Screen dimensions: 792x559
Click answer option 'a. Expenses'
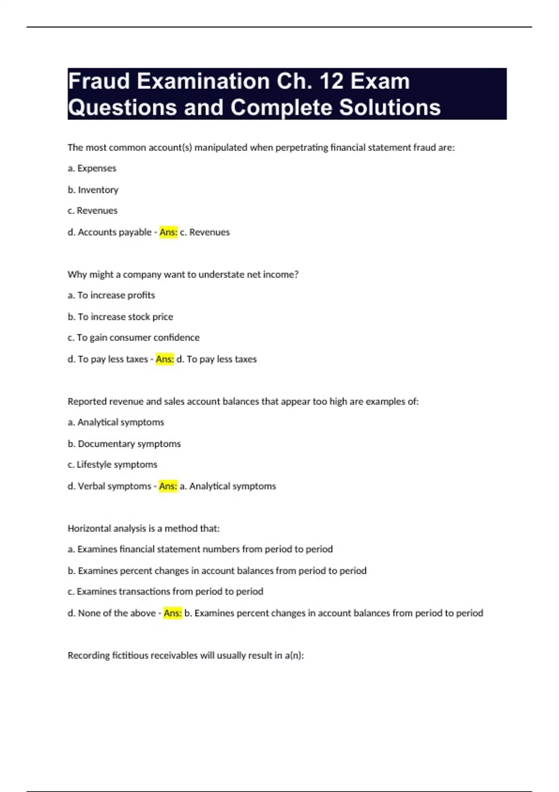[x=92, y=168]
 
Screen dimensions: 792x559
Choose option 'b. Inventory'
[x=93, y=190]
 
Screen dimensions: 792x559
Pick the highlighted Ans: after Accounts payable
[x=168, y=232]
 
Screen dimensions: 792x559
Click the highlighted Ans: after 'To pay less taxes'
[x=164, y=359]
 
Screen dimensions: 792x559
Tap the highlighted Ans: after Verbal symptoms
[x=168, y=486]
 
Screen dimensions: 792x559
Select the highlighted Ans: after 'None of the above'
[x=172, y=613]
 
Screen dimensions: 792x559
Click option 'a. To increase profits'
[x=111, y=295]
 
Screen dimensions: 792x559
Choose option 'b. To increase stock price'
[x=120, y=317]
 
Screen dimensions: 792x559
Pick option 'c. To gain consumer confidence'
[x=133, y=337]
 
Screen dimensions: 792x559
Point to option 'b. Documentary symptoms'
[x=124, y=444]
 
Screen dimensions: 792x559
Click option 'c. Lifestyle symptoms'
[x=112, y=464]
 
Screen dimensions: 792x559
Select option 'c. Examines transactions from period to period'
[x=165, y=591]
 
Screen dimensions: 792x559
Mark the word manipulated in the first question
[x=221, y=148]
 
